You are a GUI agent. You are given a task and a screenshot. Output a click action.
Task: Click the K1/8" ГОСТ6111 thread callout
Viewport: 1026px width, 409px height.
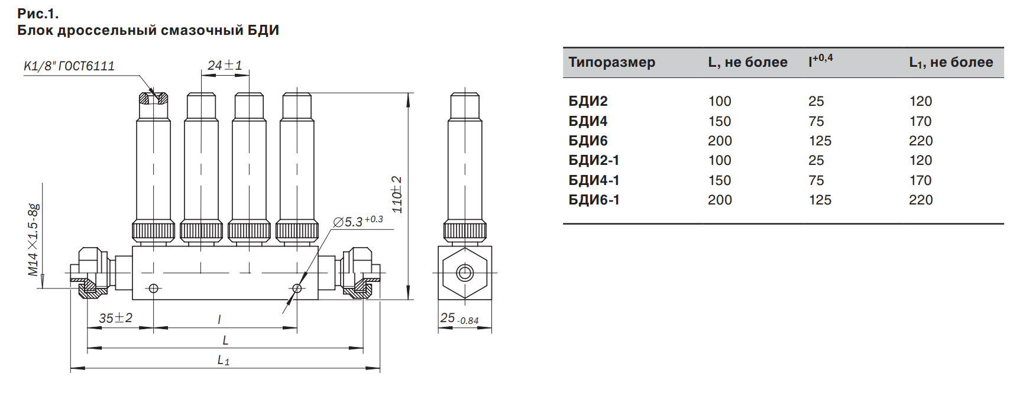click(x=69, y=66)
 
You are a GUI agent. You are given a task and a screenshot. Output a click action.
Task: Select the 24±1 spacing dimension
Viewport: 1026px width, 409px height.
click(x=225, y=65)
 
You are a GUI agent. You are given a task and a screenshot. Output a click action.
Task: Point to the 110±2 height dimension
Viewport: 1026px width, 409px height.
click(x=397, y=194)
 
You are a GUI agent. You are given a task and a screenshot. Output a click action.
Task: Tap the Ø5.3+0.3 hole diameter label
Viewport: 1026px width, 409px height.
click(x=358, y=222)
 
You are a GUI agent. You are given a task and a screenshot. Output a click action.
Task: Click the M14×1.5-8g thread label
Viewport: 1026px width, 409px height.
click(x=34, y=240)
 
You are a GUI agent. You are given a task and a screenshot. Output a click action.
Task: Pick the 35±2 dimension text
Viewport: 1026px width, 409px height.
click(x=115, y=318)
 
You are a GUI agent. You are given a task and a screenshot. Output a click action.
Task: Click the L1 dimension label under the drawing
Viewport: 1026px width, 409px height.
click(x=224, y=360)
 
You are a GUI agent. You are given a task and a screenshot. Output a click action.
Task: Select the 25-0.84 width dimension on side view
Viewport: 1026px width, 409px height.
click(x=459, y=319)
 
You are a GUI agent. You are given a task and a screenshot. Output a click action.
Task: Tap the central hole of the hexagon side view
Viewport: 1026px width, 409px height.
click(x=465, y=273)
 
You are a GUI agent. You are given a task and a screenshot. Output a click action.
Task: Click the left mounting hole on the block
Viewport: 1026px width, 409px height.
click(x=154, y=288)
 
